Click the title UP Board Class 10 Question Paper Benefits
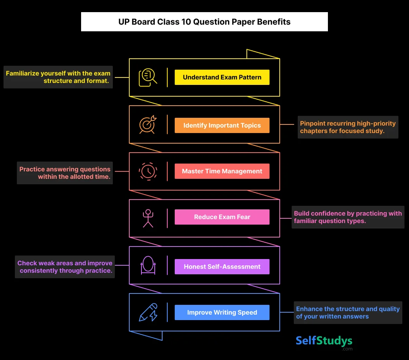(x=204, y=22)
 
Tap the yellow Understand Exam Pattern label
(x=222, y=77)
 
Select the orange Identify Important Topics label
(x=222, y=125)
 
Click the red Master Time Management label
(x=222, y=171)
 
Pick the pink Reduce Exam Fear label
(x=222, y=217)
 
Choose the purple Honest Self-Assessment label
(x=222, y=266)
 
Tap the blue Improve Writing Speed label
(x=222, y=312)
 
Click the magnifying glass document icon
(x=148, y=77)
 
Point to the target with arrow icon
(x=148, y=124)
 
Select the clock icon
(x=148, y=171)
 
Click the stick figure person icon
(x=148, y=218)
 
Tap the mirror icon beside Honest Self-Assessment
(x=148, y=265)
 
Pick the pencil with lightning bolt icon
(x=148, y=312)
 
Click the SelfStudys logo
(x=324, y=342)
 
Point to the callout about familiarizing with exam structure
(x=58, y=77)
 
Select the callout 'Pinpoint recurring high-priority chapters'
(x=348, y=127)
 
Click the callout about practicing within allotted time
(x=65, y=173)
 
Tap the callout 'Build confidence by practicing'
(x=348, y=217)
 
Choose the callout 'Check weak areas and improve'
(x=65, y=267)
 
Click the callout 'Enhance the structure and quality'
(x=348, y=313)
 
